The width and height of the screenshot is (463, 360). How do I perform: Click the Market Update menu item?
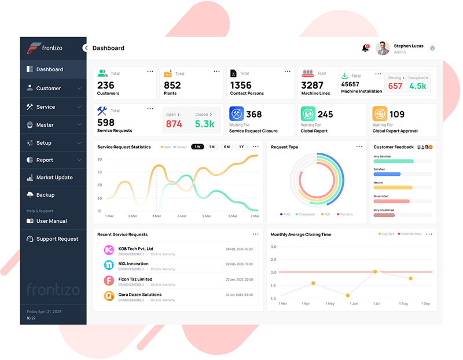54,178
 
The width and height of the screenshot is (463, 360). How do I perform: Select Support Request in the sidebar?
57,239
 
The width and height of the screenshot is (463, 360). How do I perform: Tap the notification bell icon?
365,48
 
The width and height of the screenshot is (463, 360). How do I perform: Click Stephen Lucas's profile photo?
383,49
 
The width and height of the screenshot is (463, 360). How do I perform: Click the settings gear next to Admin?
432,49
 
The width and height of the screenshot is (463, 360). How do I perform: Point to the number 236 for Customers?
106,85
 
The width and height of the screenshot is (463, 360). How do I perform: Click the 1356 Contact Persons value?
241,85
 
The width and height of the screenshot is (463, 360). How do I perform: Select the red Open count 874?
174,124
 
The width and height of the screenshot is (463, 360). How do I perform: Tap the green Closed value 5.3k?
205,124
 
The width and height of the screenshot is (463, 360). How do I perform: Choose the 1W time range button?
197,147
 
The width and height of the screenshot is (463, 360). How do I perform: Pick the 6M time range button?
227,147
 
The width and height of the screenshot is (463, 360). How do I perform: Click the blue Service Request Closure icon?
236,113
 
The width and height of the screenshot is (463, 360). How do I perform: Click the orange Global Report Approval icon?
380,113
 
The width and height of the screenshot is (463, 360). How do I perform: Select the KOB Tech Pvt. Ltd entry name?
135,249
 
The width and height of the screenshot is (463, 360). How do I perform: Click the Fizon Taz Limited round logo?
108,281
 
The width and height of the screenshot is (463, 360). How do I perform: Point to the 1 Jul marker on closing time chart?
375,271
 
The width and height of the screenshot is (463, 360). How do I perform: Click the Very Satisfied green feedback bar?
393,161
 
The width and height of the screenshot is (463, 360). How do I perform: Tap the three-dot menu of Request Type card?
359,147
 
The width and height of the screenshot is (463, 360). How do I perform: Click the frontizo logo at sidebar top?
45,49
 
